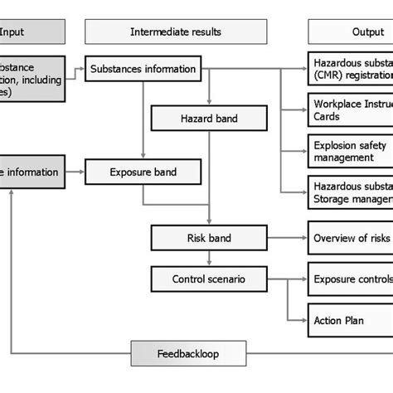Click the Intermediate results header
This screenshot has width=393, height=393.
coord(176,32)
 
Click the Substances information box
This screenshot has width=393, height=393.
coord(142,69)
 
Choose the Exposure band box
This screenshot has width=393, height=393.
coord(143,172)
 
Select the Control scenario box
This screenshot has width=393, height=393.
coord(208,279)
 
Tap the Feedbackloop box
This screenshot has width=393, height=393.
coord(188,352)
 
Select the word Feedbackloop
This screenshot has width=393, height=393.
coord(188,352)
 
